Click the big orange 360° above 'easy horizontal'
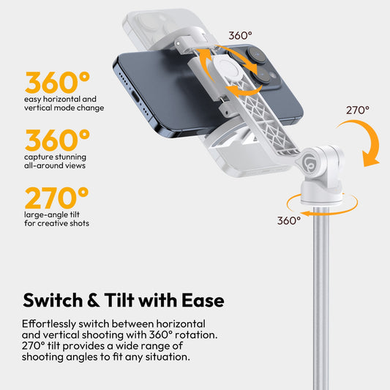[57, 83]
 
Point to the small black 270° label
[357, 110]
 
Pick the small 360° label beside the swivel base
[288, 220]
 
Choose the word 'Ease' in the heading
[200, 300]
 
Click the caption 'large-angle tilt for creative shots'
[56, 219]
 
